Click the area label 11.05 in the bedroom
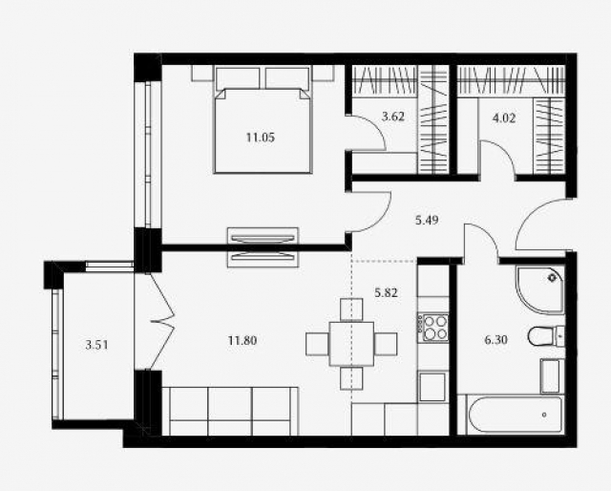261,138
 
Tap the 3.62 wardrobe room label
393,117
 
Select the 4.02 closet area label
504,117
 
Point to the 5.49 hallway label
427,220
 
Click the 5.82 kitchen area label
386,292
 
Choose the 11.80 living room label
242,341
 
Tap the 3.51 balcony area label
96,345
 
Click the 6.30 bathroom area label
495,340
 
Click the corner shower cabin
540,289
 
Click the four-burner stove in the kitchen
432,328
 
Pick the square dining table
351,344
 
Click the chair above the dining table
351,310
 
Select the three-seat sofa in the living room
230,411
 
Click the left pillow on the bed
238,78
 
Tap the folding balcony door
161,321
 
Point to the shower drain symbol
552,278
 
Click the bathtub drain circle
544,415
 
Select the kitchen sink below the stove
432,386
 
